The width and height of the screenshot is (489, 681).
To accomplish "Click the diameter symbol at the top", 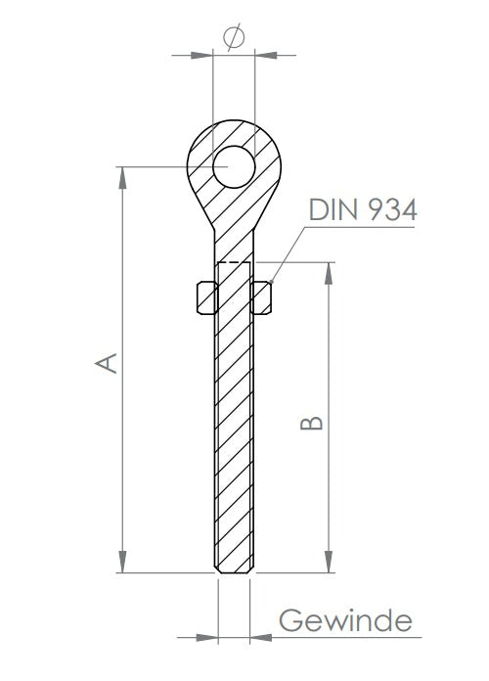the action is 234,37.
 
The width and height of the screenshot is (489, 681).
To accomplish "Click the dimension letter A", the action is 106,363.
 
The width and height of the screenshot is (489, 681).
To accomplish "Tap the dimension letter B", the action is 311,423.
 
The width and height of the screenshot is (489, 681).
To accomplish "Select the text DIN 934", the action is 363,209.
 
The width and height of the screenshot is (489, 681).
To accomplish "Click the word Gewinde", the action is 345,620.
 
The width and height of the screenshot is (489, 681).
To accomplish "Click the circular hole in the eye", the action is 234,166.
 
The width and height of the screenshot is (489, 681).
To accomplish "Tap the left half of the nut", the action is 207,297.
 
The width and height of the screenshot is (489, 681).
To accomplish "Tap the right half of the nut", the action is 261,297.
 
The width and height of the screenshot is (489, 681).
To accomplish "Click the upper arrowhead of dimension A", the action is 122,177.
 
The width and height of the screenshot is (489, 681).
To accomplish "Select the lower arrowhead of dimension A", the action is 122,562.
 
